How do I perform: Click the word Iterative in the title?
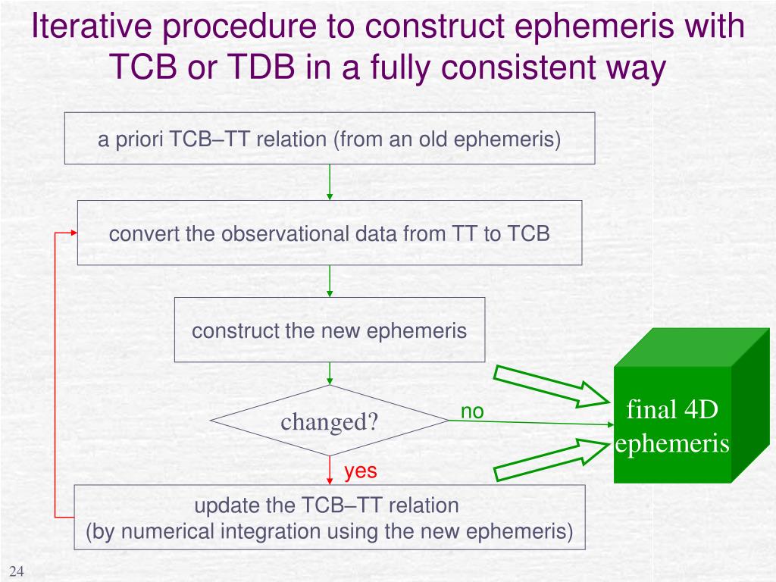tap(85, 28)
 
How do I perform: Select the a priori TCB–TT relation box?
tap(329, 139)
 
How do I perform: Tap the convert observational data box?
tap(329, 233)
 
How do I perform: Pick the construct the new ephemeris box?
tap(329, 330)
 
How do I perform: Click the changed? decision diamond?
tap(329, 421)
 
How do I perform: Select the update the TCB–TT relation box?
tap(329, 517)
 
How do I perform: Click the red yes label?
tap(360, 471)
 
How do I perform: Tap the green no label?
tap(472, 411)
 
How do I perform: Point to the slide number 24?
tap(17, 571)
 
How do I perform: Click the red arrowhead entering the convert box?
tap(72, 233)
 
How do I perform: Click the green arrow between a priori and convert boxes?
tap(330, 183)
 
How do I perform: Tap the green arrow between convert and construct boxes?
tap(330, 281)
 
